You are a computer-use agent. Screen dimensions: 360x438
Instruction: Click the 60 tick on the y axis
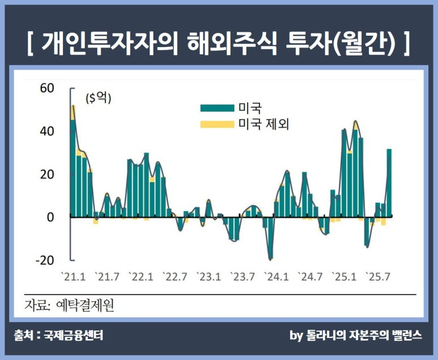[46, 88]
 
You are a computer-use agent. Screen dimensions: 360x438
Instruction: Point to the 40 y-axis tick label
[46, 132]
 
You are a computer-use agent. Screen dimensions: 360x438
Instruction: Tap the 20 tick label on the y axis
[46, 175]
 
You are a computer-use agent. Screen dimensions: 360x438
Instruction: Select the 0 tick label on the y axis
[50, 217]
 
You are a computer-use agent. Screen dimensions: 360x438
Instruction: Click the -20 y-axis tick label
[44, 260]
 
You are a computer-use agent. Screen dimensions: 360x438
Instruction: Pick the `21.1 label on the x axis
[73, 277]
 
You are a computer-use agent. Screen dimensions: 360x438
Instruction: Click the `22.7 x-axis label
[175, 277]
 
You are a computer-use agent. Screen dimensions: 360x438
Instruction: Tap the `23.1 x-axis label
[209, 277]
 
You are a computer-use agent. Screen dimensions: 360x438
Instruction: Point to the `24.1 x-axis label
[277, 277]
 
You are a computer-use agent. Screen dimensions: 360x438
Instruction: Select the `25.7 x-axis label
[379, 277]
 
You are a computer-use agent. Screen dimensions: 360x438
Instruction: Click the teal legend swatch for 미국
[216, 108]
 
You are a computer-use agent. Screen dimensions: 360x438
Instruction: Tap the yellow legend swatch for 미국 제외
[216, 124]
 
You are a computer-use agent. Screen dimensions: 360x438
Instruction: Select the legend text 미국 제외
[263, 124]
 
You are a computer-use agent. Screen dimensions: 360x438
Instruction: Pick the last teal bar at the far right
[389, 182]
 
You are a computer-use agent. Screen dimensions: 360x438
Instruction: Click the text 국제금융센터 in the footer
[74, 336]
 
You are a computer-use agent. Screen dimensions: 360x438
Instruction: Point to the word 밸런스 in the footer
[404, 336]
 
